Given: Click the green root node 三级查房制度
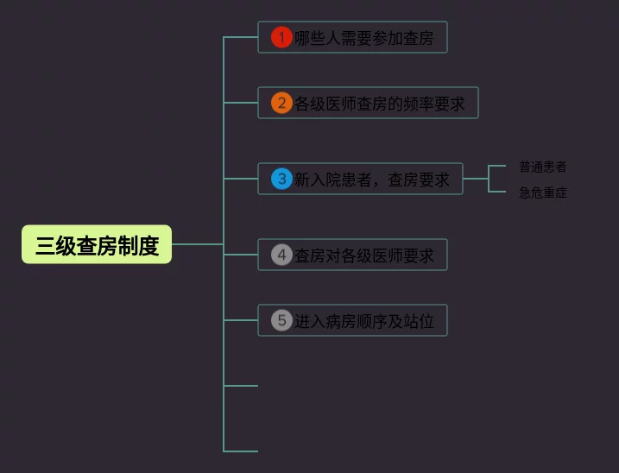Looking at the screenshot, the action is tap(97, 244).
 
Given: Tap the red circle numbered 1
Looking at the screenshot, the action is tap(281, 37).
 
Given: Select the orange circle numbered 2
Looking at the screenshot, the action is tap(281, 103).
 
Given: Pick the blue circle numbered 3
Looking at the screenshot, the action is tap(281, 179).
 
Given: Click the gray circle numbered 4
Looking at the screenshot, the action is tap(281, 255).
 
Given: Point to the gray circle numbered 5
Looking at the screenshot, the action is tap(281, 320).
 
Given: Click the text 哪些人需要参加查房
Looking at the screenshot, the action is tap(364, 38).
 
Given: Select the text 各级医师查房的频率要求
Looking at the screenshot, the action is tap(379, 104).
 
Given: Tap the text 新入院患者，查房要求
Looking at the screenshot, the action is tap(372, 180).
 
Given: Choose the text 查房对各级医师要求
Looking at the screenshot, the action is tap(364, 255).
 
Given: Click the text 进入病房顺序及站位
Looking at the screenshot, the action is tap(364, 321).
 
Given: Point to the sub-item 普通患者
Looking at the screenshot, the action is tap(543, 167).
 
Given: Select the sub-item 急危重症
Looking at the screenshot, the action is tap(543, 192).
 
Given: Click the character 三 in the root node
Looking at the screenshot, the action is tap(45, 246).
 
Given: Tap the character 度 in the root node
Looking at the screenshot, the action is tap(148, 246).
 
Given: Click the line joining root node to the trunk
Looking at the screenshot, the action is tap(198, 244).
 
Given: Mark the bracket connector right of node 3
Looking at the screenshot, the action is tap(489, 179).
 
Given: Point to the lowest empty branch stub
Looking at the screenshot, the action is tap(240, 451).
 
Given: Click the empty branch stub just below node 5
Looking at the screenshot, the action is tap(240, 385).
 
